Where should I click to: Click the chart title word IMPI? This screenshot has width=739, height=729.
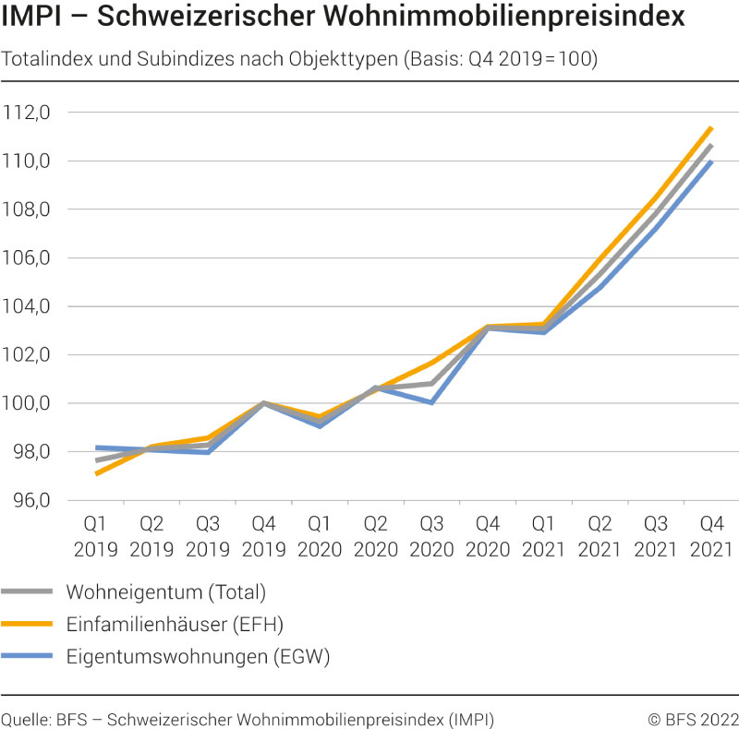(x=36, y=18)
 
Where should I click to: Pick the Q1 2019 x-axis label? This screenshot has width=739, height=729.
(x=95, y=537)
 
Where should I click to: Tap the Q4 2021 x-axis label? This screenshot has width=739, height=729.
(x=711, y=537)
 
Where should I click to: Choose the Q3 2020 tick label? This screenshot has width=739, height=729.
(x=431, y=537)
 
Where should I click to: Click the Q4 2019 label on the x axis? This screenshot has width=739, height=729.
(x=263, y=537)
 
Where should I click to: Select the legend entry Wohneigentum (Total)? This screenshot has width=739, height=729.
(x=166, y=592)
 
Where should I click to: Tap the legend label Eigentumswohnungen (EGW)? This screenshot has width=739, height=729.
(x=198, y=657)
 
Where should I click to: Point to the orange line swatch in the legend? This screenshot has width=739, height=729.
(x=28, y=625)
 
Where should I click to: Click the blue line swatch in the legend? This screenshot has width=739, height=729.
(x=28, y=657)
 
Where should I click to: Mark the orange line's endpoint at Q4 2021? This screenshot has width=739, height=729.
(x=711, y=128)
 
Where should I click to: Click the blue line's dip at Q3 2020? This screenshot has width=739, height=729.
(x=431, y=402)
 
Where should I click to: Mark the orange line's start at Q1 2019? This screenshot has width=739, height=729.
(x=96, y=473)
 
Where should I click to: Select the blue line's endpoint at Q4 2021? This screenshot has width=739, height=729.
(x=711, y=162)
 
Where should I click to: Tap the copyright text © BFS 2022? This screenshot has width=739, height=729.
(x=693, y=719)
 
